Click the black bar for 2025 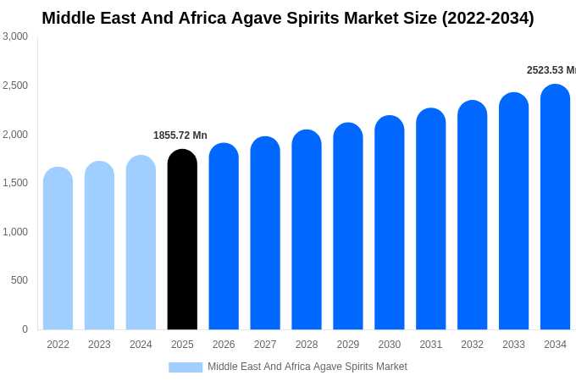[182, 241]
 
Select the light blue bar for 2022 [58, 250]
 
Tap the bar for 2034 [555, 207]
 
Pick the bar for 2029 [348, 227]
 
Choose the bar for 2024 [141, 244]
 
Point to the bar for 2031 [430, 220]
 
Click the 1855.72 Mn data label [180, 135]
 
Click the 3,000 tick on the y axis [15, 36]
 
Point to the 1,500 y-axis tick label [15, 183]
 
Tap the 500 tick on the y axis [19, 280]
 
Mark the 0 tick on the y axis [25, 329]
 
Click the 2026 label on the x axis [224, 345]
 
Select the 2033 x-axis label [513, 345]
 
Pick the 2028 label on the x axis [307, 345]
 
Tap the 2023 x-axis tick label [99, 345]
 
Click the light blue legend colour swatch [186, 367]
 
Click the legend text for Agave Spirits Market [307, 367]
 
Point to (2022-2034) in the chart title [488, 18]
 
